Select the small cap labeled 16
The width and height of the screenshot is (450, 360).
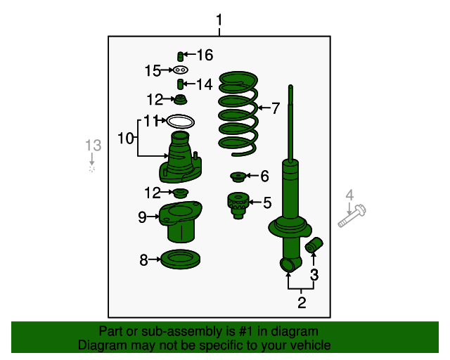click(180, 56)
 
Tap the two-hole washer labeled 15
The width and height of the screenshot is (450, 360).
click(180, 70)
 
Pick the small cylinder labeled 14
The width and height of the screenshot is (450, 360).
click(180, 84)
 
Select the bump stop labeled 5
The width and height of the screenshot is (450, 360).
click(238, 205)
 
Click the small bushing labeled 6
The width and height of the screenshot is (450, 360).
click(238, 176)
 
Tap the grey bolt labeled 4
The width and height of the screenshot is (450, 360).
click(352, 216)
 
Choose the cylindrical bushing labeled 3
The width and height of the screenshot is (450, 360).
click(314, 245)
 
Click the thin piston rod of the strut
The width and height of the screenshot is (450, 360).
click(290, 124)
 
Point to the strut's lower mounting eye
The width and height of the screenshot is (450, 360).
click(288, 264)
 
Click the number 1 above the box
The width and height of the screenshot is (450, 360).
click(219, 20)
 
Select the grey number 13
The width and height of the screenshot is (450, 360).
click(94, 146)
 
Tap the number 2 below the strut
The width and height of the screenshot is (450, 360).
click(302, 302)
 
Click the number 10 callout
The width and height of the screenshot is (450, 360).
click(126, 138)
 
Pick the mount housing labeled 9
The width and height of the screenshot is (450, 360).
click(181, 221)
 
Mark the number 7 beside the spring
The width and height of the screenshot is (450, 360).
click(276, 108)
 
